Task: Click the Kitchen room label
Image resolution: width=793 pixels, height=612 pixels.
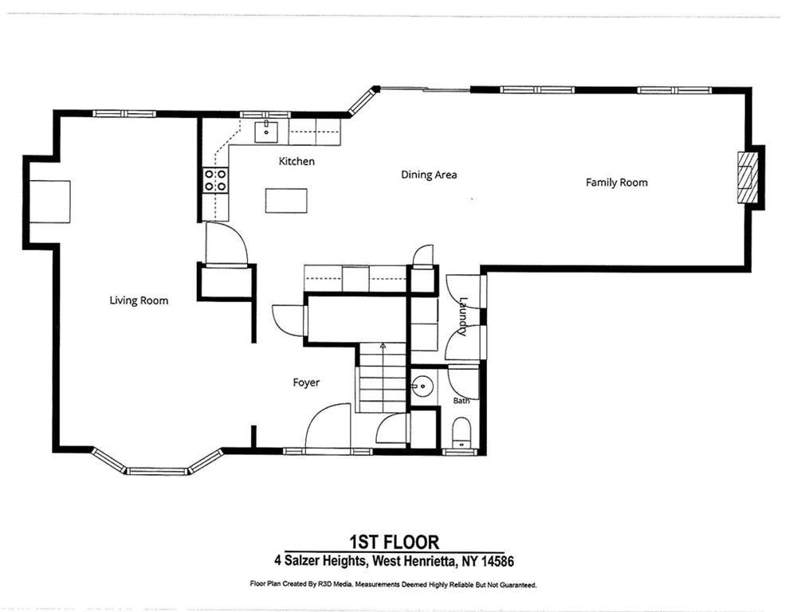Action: tap(296, 161)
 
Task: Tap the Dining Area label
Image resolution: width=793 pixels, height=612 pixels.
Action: tap(429, 175)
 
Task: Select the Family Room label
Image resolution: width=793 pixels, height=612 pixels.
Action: tap(617, 182)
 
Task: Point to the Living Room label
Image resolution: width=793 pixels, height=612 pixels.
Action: tap(139, 300)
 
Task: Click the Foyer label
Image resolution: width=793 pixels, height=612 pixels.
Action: tap(306, 382)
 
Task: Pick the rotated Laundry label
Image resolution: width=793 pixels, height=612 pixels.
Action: tap(462, 316)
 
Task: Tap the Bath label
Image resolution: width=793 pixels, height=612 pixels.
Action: tap(461, 401)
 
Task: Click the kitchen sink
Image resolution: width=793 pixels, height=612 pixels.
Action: tap(266, 132)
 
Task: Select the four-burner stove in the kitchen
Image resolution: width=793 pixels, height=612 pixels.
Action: tap(215, 180)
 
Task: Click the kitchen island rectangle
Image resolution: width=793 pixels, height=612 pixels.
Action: tap(286, 201)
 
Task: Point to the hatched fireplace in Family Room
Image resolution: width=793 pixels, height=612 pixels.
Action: tap(745, 178)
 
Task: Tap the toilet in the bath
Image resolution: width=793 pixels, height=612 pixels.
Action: tap(461, 433)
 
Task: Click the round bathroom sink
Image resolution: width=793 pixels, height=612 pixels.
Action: tap(422, 387)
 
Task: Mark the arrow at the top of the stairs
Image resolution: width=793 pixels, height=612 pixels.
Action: tap(383, 347)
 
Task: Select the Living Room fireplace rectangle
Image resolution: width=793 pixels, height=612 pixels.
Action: tap(50, 202)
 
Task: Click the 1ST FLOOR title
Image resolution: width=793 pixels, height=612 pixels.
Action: tap(395, 542)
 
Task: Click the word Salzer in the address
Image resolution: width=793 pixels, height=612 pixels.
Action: tap(303, 561)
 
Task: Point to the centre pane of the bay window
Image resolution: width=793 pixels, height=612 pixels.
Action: tap(157, 472)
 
